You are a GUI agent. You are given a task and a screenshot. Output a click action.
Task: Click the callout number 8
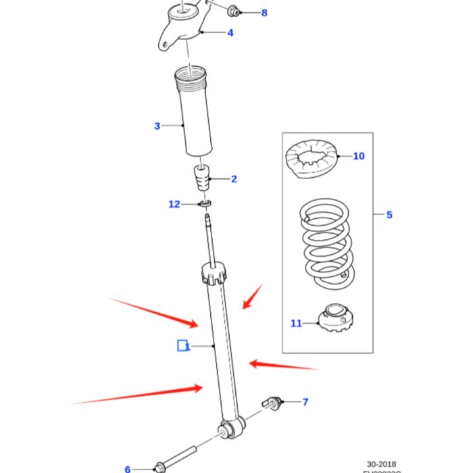(x=264, y=13)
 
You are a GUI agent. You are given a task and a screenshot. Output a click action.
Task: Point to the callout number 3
(x=157, y=126)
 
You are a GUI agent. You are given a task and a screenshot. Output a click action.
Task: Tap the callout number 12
(x=174, y=204)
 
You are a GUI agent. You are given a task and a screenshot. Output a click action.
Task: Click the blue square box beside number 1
(x=182, y=346)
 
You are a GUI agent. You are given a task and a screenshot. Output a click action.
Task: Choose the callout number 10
(x=358, y=156)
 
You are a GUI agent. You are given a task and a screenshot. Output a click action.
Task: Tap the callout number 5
(x=389, y=215)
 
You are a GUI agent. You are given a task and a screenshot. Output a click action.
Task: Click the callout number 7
(x=305, y=402)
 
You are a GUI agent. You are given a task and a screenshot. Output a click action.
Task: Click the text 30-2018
(x=382, y=464)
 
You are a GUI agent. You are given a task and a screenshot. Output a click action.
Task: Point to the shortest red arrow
(x=253, y=296)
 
